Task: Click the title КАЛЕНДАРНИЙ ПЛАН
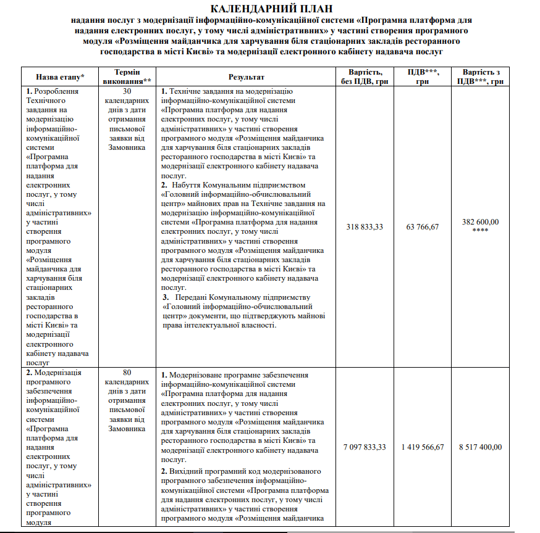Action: [271, 9]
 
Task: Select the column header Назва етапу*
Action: [60, 77]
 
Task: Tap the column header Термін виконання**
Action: [127, 77]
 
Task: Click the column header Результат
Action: [246, 77]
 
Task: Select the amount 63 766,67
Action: [423, 227]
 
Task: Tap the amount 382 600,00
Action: [481, 222]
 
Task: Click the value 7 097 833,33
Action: [365, 447]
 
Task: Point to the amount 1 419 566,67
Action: [423, 447]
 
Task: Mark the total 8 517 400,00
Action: [481, 447]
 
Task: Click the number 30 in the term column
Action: [127, 91]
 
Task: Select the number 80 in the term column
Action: [127, 373]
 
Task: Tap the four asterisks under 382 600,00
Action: [481, 231]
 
